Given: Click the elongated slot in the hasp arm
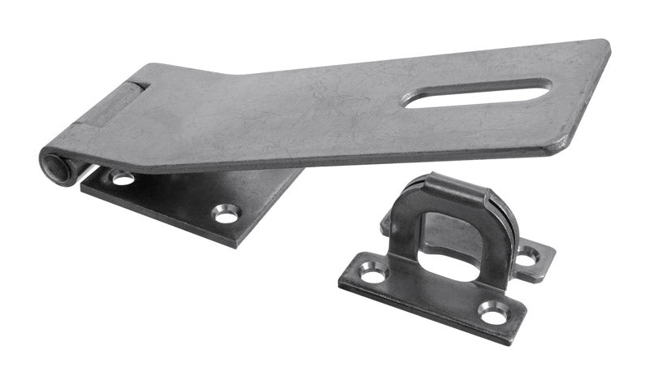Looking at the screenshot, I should coord(478,93).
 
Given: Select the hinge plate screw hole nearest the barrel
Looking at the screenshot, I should coord(122,176).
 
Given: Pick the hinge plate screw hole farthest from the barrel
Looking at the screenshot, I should coord(226,214).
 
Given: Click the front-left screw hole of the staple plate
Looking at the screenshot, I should coord(373,276).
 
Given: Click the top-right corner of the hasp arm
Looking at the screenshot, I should coord(605,42).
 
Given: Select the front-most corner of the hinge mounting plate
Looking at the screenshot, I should coord(236,244).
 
